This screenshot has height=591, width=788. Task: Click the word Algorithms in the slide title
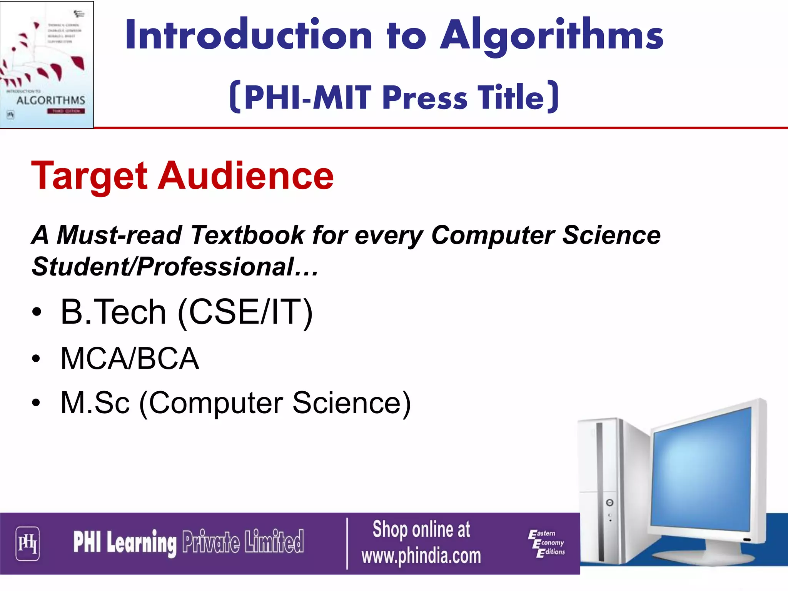[552, 35]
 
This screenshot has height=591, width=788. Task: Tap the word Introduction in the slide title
[249, 35]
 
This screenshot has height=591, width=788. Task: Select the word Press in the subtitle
[425, 98]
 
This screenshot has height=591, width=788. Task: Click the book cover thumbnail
[47, 64]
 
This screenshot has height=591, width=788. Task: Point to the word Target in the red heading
[89, 176]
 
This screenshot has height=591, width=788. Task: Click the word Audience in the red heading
[246, 175]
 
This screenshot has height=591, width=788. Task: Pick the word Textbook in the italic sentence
[247, 235]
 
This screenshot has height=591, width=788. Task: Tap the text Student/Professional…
[175, 267]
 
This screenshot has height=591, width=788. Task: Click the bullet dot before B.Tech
[36, 312]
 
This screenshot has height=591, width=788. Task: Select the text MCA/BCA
[130, 359]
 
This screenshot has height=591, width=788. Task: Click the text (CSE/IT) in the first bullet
[245, 312]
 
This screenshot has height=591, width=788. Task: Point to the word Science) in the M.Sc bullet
[352, 403]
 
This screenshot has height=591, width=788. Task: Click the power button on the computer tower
[610, 503]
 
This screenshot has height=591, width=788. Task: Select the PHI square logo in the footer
[27, 543]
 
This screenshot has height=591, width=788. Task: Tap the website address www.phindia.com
[421, 556]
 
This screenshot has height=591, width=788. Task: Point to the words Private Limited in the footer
[243, 542]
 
